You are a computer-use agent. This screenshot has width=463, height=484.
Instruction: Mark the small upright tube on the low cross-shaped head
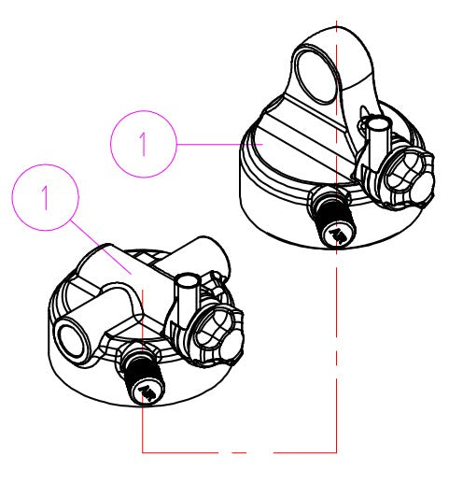(x=186, y=299)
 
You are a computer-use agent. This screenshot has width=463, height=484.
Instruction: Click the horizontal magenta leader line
(x=219, y=145)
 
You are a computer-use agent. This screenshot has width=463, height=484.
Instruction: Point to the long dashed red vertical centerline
(x=336, y=236)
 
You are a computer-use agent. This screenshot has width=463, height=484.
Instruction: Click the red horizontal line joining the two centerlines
(x=239, y=452)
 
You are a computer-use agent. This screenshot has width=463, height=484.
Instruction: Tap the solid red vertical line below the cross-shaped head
(x=143, y=371)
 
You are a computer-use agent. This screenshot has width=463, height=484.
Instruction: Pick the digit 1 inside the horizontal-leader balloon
(x=143, y=144)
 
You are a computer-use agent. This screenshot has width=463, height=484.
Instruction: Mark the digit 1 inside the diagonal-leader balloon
(x=45, y=197)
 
